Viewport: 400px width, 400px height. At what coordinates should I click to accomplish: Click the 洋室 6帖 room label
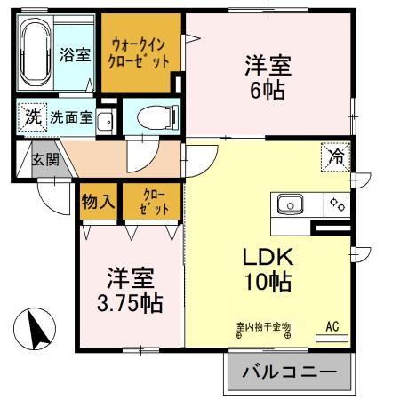coord(266,77)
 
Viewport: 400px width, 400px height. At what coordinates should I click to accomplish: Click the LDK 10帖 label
coord(268,270)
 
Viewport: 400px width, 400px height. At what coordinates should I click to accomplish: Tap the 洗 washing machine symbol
coord(32,116)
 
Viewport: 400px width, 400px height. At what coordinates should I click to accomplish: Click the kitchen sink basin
coord(292,205)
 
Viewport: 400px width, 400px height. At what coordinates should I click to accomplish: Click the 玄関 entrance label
coord(46,161)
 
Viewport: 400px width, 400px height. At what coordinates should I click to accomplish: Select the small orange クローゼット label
coord(152,202)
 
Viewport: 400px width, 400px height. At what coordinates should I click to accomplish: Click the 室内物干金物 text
coord(263,325)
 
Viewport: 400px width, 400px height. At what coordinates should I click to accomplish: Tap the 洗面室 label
coord(72,116)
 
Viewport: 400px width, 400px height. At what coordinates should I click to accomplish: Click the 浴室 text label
coord(75,55)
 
